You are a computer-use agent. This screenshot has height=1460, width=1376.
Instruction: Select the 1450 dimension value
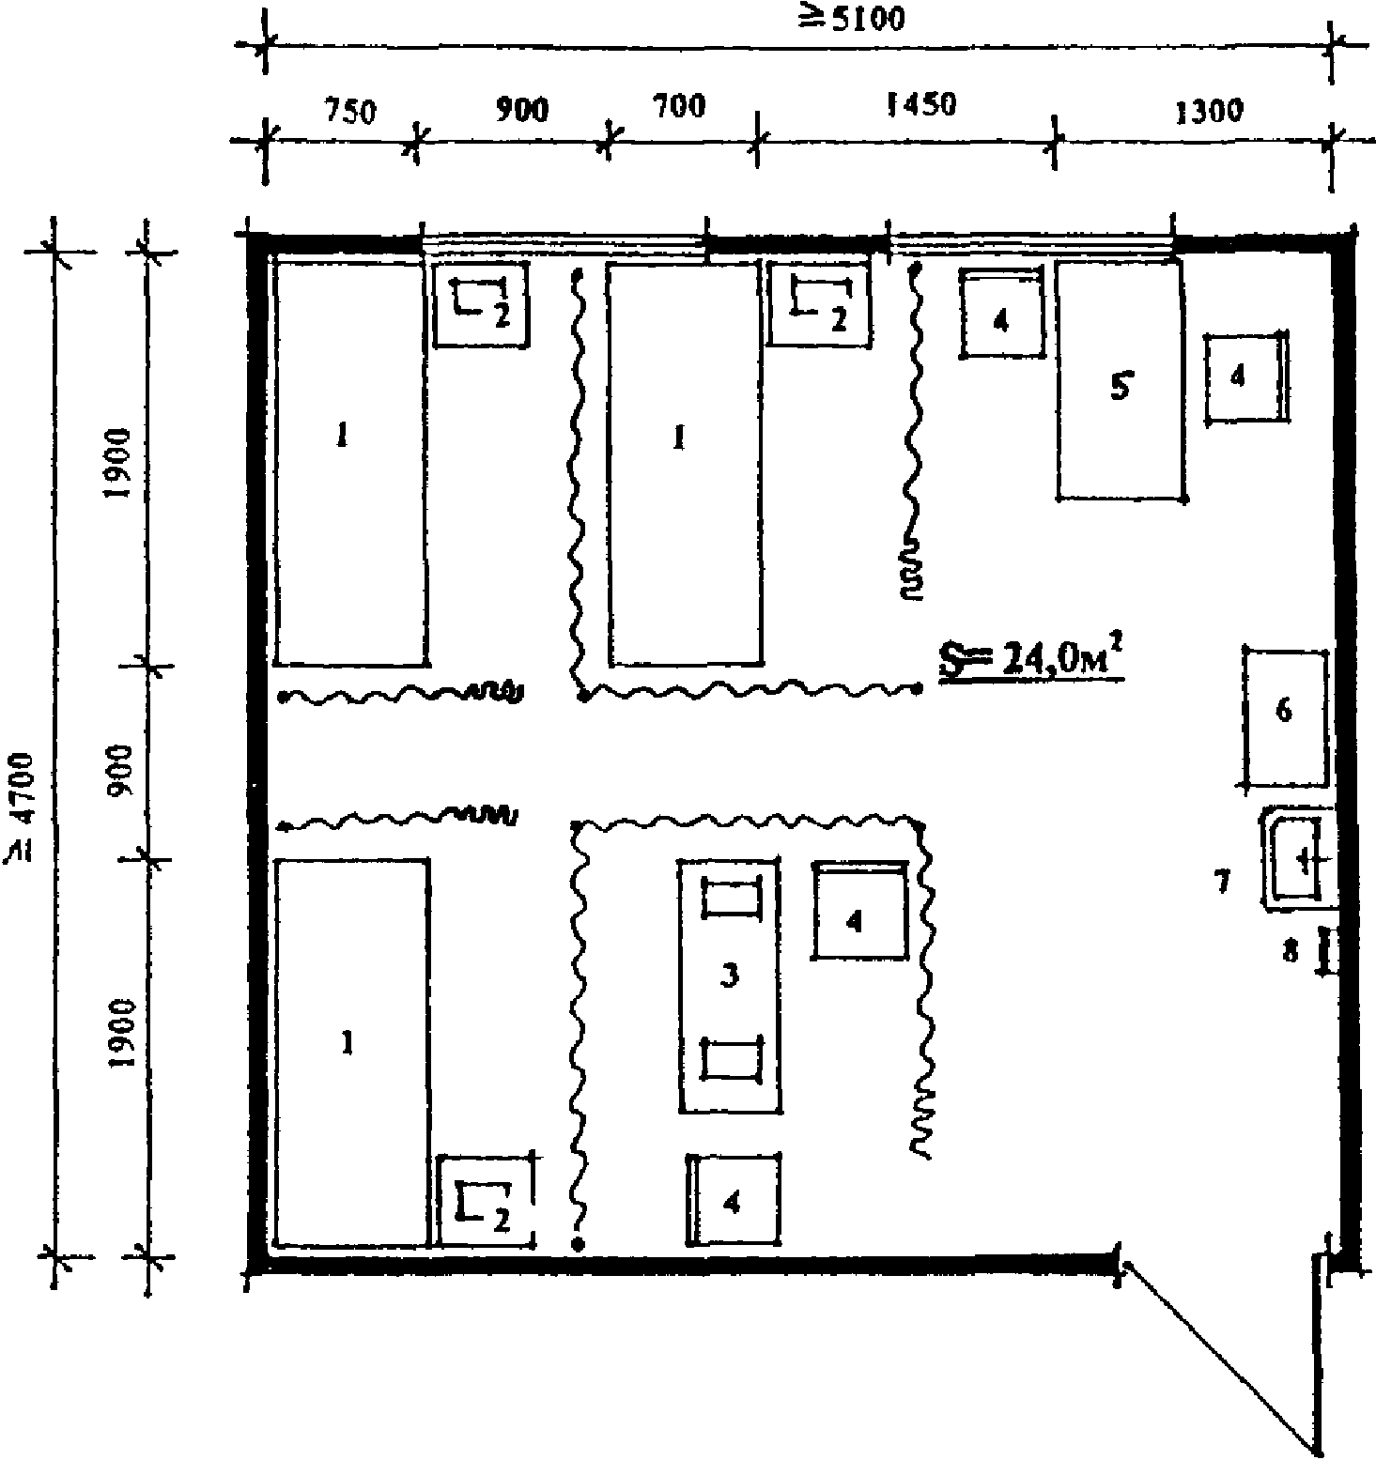point(921,103)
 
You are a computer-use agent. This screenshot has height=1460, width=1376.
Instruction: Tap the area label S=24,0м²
point(1032,659)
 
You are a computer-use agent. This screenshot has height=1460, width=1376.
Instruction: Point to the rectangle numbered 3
point(729,986)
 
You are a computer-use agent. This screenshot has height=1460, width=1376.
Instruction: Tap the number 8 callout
point(1291,951)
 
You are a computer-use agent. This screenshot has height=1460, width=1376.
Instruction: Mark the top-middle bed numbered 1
point(684,464)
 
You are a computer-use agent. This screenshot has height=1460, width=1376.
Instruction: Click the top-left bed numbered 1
point(350,464)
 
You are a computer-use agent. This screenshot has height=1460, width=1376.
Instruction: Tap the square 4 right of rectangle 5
point(1245,377)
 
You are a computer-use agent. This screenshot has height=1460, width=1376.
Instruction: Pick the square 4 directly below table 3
point(734,1201)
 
